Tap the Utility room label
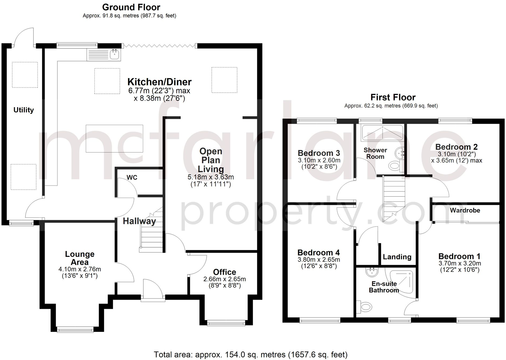(x=24, y=110)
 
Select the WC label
(x=132, y=177)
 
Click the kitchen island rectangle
(x=114, y=138)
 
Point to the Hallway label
(x=139, y=221)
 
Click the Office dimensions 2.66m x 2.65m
(x=225, y=279)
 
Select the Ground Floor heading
(x=131, y=7)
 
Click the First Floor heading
(x=393, y=97)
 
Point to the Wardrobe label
(x=465, y=210)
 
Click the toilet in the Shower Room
(x=394, y=166)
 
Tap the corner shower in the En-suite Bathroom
(x=402, y=281)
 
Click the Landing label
(x=397, y=257)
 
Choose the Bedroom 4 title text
(x=318, y=253)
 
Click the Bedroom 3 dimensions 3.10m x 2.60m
(x=319, y=160)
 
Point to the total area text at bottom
(x=250, y=355)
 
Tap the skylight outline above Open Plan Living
(x=224, y=80)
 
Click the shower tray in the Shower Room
(x=382, y=133)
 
